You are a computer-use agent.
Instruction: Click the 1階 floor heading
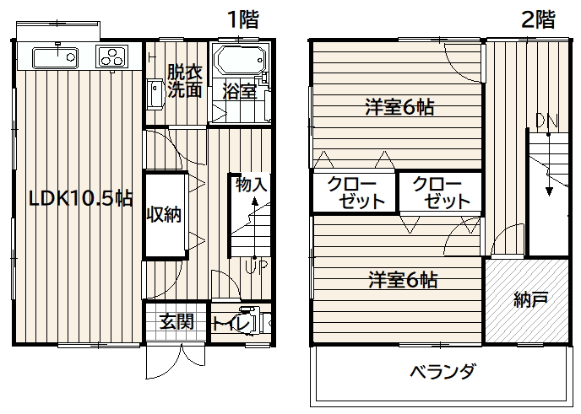243,19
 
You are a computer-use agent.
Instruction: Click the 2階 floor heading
539,19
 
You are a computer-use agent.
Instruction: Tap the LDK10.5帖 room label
81,199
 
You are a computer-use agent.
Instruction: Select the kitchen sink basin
55,57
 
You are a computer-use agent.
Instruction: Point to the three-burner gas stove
111,56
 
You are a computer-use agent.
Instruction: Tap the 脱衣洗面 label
185,81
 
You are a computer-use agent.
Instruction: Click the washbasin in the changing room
155,94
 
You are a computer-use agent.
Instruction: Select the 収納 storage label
164,214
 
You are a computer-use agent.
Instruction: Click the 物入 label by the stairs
251,185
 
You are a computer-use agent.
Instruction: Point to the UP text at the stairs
256,267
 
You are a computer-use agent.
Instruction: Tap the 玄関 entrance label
177,321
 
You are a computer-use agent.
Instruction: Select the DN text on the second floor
547,121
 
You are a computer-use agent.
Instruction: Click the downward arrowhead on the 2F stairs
549,191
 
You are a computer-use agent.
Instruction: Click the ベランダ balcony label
442,371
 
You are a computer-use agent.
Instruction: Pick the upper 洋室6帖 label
399,107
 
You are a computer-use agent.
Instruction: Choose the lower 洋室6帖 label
403,280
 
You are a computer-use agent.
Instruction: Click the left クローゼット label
356,192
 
